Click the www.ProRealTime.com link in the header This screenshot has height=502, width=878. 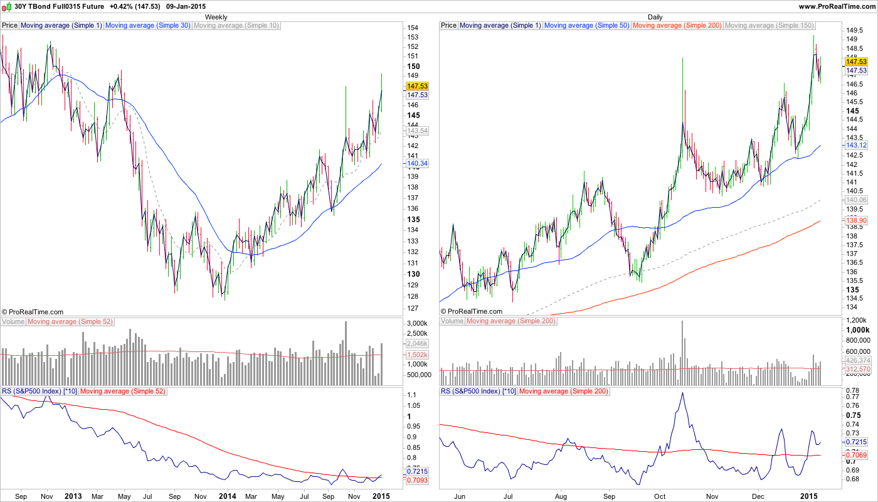(x=837, y=6)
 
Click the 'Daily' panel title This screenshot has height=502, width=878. (x=655, y=17)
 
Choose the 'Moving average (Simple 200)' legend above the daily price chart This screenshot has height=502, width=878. (x=677, y=26)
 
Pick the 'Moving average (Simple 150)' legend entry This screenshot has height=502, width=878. (x=769, y=26)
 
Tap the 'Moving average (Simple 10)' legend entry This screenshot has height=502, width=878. (x=236, y=26)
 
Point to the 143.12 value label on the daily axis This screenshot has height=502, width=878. (x=856, y=145)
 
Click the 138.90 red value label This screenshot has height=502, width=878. (x=856, y=221)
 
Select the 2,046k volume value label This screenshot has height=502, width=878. (x=417, y=343)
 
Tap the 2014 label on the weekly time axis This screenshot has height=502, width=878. (x=227, y=496)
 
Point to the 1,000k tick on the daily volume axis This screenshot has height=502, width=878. (x=858, y=330)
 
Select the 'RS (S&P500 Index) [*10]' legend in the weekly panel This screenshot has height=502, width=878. (x=40, y=392)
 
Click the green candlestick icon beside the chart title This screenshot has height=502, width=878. (x=7, y=6)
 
